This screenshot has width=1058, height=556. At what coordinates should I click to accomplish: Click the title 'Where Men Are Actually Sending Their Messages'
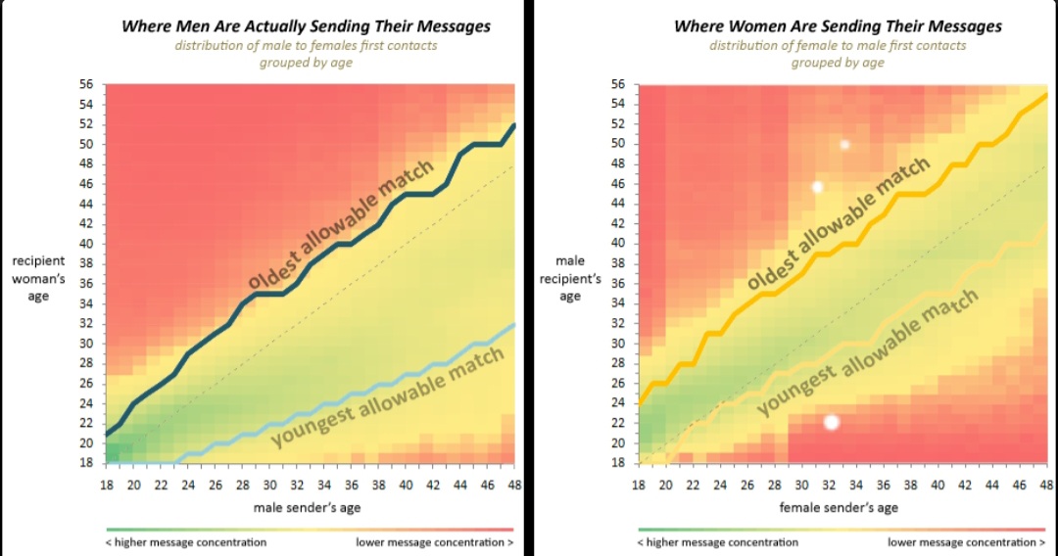[306, 26]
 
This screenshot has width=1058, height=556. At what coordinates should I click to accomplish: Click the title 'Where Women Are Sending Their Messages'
[838, 26]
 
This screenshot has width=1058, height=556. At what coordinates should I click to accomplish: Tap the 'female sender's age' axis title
[839, 507]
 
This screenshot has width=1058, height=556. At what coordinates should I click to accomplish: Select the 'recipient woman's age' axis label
[39, 279]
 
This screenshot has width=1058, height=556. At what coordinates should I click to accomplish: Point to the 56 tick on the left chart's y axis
[86, 84]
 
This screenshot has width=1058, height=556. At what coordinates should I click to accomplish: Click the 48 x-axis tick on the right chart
[1047, 484]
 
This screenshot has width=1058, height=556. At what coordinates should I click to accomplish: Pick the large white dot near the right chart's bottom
[832, 422]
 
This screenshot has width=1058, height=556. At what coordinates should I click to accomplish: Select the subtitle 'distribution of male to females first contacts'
[306, 46]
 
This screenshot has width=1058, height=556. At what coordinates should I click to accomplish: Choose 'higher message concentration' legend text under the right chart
[717, 542]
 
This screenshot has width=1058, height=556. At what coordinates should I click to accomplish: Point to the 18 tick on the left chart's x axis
[105, 484]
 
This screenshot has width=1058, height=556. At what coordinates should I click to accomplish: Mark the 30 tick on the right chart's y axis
[618, 344]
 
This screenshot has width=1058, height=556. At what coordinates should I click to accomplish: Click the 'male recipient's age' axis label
[570, 279]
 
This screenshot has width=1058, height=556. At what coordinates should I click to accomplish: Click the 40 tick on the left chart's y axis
[86, 244]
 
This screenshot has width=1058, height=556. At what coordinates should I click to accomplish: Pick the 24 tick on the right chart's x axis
[721, 484]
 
